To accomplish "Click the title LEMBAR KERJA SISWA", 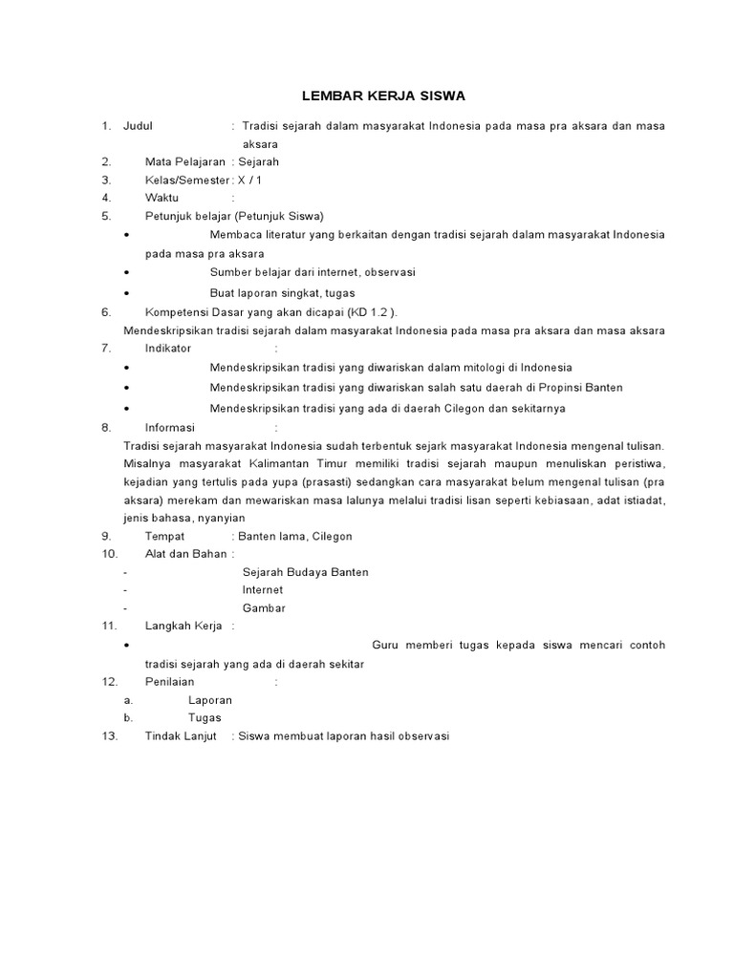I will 383,96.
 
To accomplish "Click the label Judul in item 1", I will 139,126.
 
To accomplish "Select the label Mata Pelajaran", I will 185,162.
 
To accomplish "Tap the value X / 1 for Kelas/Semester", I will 249,181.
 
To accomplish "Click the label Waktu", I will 162,199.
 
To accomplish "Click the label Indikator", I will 168,349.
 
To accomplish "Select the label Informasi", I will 169,428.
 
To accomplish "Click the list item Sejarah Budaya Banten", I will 305,572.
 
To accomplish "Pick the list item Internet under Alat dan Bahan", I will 262,590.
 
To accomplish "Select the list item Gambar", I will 264,608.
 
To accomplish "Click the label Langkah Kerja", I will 183,627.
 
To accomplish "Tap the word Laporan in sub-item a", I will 210,700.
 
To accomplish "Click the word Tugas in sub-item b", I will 205,718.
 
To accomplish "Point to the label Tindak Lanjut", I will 181,736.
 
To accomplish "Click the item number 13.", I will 109,736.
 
